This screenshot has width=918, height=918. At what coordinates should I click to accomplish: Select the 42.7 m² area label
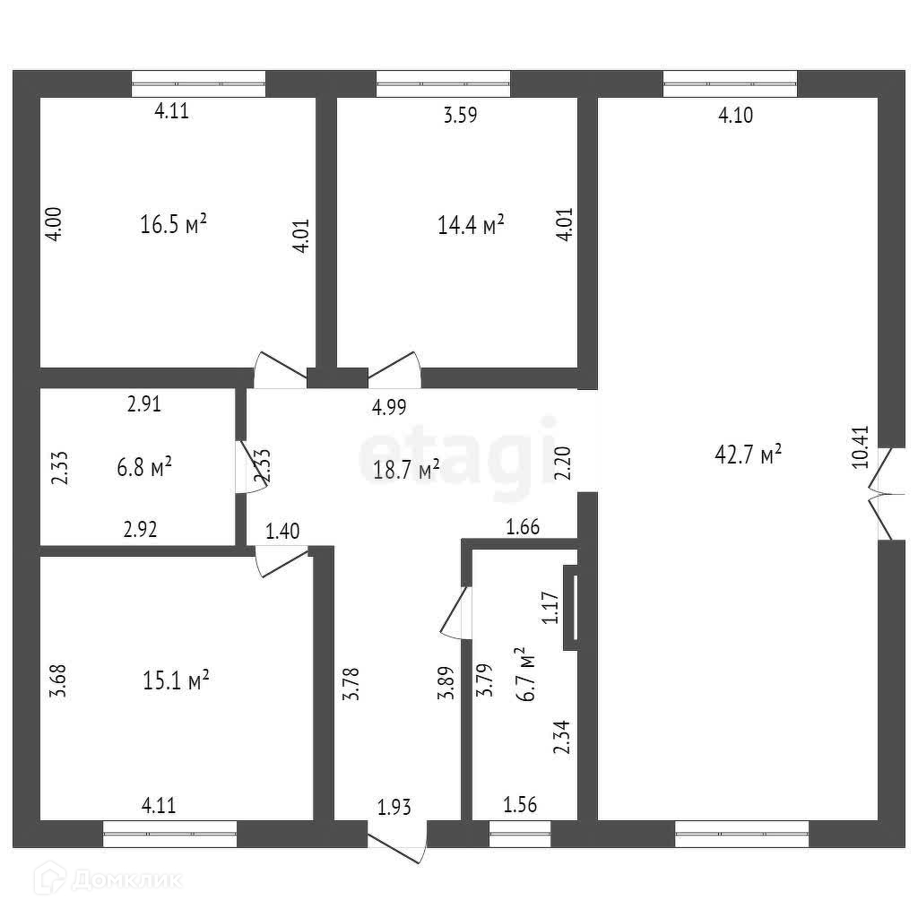(x=749, y=455)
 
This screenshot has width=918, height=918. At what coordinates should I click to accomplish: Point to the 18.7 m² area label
(x=405, y=468)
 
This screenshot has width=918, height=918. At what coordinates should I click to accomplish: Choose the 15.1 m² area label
(x=177, y=681)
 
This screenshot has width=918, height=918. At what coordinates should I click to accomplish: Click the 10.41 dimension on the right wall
(x=860, y=446)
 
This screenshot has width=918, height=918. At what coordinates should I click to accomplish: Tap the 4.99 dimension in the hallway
(x=389, y=407)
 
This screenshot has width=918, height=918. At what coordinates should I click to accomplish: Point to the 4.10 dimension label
(x=736, y=114)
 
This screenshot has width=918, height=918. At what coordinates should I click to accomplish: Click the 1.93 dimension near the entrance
(x=394, y=808)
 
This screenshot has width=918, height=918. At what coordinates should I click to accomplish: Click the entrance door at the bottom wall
(x=395, y=845)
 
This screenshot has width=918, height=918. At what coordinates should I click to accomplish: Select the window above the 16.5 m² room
(x=199, y=84)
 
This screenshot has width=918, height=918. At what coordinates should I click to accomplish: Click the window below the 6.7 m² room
(x=520, y=835)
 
